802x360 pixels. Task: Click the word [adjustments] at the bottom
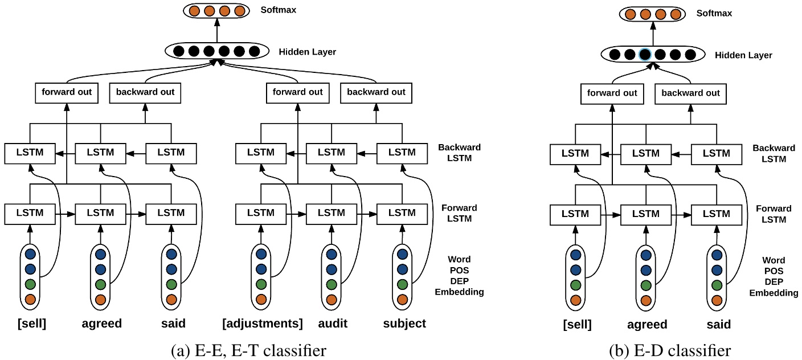click(262, 324)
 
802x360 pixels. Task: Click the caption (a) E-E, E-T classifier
click(249, 349)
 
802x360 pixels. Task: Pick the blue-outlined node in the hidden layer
click(645, 55)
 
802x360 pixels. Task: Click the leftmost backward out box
click(145, 92)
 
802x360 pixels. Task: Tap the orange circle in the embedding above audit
click(332, 299)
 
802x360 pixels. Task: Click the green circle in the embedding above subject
click(402, 284)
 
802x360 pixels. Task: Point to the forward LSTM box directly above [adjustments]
click(261, 213)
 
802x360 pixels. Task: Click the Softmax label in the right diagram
click(715, 13)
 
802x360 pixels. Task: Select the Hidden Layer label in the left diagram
click(308, 52)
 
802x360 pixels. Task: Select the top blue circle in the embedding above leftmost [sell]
click(31, 254)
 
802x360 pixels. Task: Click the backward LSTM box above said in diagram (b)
click(717, 153)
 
